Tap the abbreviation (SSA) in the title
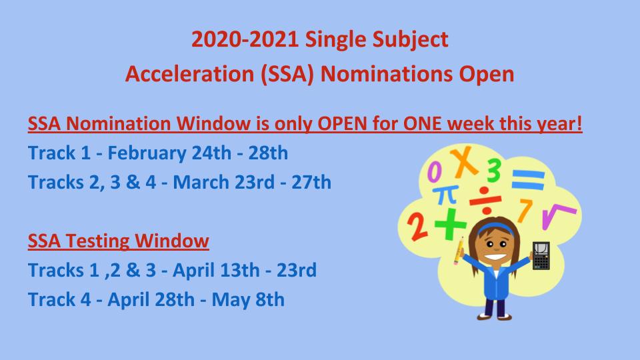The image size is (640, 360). [x=287, y=74]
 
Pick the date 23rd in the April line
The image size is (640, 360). [x=296, y=270]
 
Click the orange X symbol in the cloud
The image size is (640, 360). [x=464, y=161]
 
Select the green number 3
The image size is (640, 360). [x=494, y=171]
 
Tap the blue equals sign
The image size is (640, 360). [x=528, y=179]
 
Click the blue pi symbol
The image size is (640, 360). [x=446, y=195]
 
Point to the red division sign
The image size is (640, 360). [x=485, y=201]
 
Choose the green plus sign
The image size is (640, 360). [x=450, y=224]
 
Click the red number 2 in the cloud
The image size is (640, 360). [x=417, y=226]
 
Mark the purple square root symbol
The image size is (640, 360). [x=557, y=215]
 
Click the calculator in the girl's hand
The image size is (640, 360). [x=541, y=255]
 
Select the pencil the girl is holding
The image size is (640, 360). [x=459, y=250]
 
